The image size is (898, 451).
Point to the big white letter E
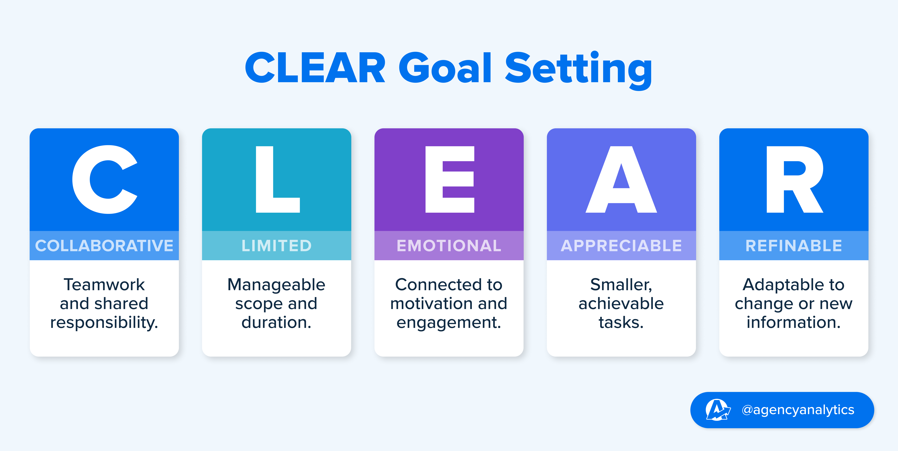pyautogui.click(x=450, y=179)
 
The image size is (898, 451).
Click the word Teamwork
pyautogui.click(x=104, y=285)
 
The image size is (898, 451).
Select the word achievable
pyautogui.click(x=621, y=304)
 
